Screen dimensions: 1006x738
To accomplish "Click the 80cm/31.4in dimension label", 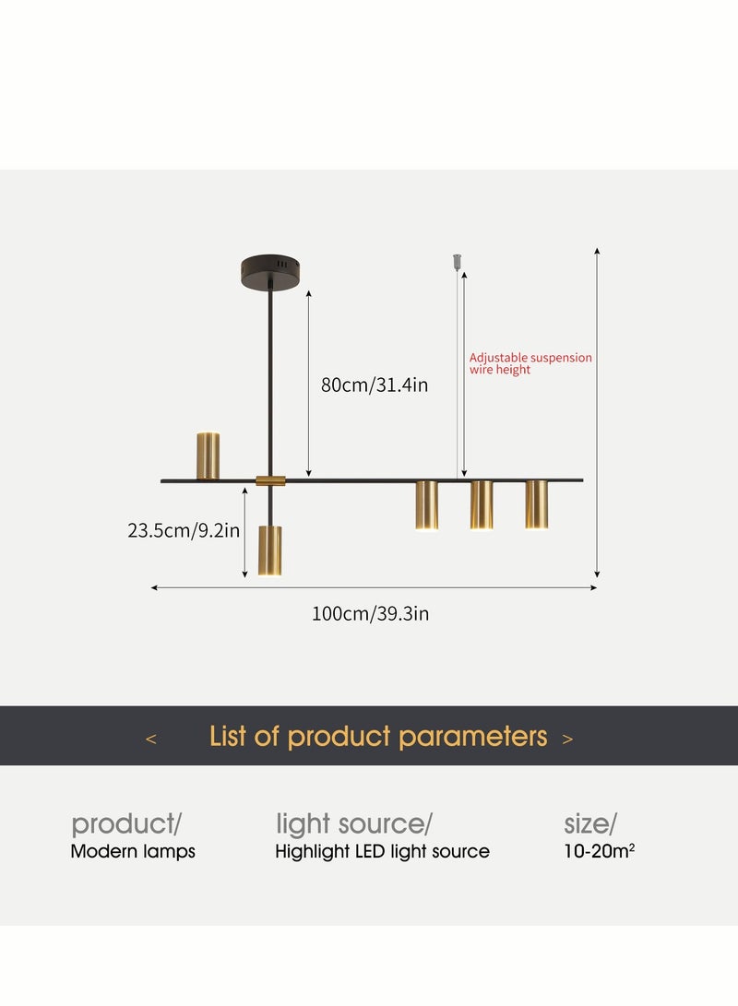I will pos(375,385).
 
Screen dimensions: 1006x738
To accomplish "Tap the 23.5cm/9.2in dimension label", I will pos(184,530).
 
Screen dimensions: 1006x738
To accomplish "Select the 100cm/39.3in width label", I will pos(370,613).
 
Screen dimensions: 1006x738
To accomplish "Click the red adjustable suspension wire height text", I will pos(530,363).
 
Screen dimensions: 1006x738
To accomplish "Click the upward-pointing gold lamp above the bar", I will pos(208,456).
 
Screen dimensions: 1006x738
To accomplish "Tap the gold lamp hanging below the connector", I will pos(269,550).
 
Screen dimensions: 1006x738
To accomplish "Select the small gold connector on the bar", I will pos(270,480).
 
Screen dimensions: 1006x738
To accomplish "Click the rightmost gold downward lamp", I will pos(537,505).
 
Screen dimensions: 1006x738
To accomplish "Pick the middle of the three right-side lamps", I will pos(482,505).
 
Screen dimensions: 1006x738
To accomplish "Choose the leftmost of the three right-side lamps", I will pos(426,505).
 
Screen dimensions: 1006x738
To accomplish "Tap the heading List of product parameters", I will pos(378,737).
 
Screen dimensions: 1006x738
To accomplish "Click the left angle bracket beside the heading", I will pos(151,739).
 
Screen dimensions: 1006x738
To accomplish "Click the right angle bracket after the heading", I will pos(567,739).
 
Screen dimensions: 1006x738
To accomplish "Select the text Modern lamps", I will pos(133,852).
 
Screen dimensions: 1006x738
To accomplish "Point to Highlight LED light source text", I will pos(382,852).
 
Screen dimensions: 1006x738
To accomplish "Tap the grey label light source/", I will pos(354,823).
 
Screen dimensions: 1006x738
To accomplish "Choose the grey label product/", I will pos(126,823).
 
